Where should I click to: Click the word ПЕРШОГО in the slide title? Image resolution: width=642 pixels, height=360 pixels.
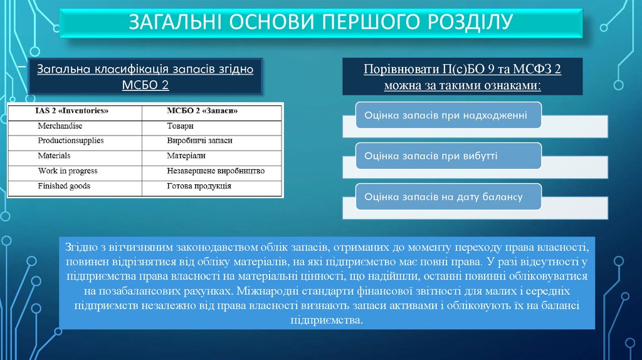tap(371, 22)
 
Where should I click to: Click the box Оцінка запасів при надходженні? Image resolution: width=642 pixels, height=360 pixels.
tap(448, 115)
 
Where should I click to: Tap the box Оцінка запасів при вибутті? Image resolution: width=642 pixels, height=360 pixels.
tap(448, 156)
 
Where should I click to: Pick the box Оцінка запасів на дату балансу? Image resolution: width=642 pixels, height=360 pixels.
tap(448, 196)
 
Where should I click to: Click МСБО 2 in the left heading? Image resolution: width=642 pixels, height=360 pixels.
tap(145, 85)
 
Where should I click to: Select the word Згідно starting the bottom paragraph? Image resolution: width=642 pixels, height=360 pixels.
tap(81, 247)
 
